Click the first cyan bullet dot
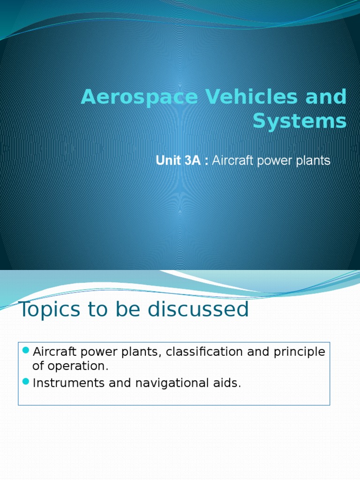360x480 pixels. [x=26, y=350]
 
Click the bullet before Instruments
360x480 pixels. [x=26, y=381]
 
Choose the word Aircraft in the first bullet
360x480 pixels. [x=53, y=352]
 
